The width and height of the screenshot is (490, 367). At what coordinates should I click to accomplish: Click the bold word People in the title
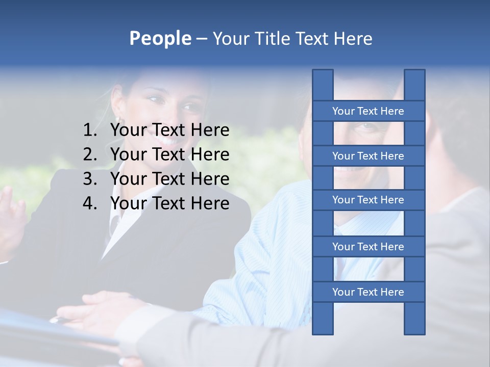[160, 38]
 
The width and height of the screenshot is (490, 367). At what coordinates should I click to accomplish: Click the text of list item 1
[169, 130]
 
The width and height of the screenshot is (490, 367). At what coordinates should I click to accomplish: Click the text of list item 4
[169, 203]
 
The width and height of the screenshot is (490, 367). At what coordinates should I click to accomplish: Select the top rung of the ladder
[368, 111]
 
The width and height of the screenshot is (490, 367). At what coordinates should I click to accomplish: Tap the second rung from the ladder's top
[368, 156]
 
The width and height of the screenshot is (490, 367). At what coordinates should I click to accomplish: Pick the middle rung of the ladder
[368, 200]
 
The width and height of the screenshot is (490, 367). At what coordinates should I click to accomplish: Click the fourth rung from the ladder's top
[368, 247]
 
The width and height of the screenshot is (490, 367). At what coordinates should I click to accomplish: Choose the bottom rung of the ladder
[368, 292]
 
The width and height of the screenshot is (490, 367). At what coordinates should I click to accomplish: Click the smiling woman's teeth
[167, 139]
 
